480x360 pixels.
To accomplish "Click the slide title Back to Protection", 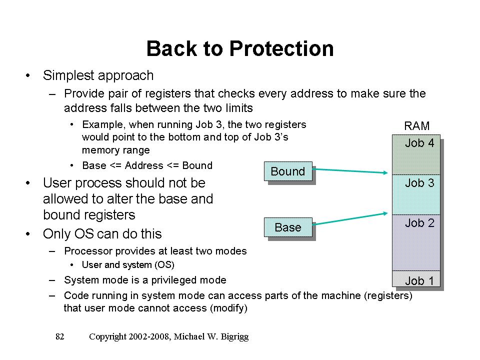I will [240, 49].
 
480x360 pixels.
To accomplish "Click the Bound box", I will [287, 171].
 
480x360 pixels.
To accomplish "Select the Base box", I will [287, 227].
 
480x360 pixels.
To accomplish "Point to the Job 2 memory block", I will [416, 242].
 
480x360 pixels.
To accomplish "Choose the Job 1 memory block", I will [416, 279].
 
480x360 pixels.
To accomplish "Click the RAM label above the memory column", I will [416, 126].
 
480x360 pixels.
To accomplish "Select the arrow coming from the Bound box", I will [350, 170].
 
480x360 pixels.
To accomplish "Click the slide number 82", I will [60, 337].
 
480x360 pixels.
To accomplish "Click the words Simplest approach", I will [98, 76].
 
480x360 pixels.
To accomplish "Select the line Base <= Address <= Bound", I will [147, 165].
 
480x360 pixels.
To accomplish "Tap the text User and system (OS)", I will [128, 265].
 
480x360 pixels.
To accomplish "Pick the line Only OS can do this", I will [102, 234].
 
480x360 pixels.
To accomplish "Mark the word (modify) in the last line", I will [227, 308].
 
